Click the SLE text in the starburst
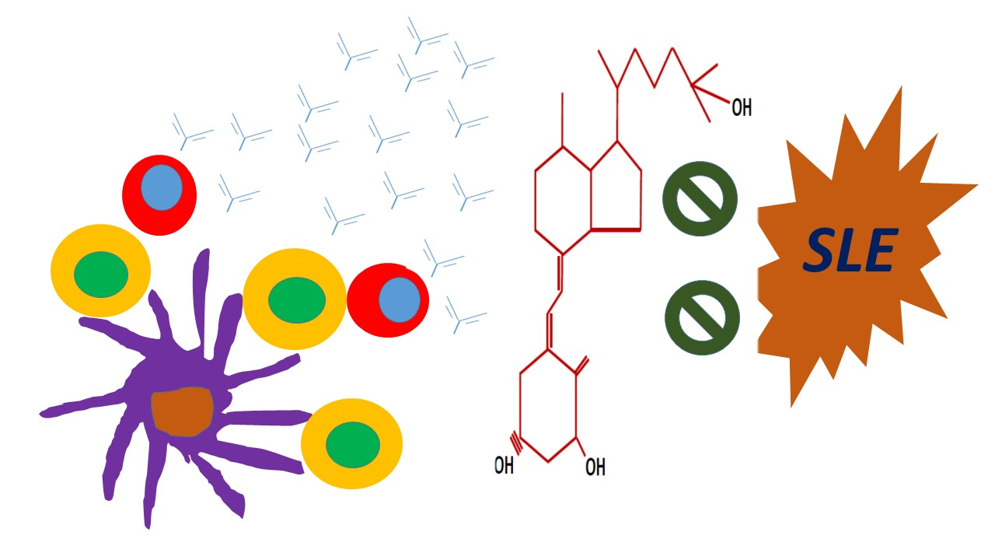coord(850,251)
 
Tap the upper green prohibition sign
coord(700,198)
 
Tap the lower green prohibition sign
coord(702,317)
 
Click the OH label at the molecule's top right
coord(742,108)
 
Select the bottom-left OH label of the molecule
coord(504,466)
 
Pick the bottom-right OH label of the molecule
coord(595,467)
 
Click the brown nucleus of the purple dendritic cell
coord(182,411)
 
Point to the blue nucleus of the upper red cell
coord(162,187)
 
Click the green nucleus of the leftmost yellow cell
coord(101,274)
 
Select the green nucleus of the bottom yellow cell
coord(352,444)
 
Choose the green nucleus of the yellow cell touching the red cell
coord(296,299)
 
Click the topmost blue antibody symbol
coord(426,35)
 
